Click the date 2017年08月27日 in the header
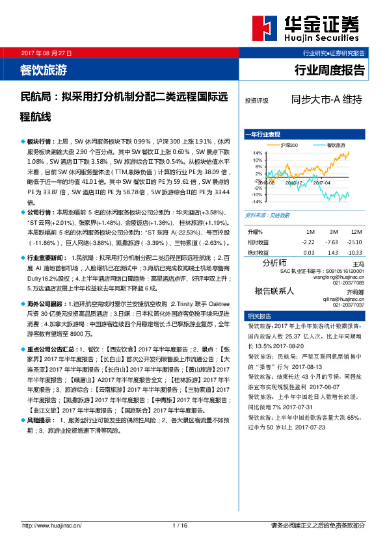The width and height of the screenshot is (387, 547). [47, 52]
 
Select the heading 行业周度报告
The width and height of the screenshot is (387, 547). [330, 69]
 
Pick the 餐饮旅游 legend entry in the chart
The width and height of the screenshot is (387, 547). [336, 145]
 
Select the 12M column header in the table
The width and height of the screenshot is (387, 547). [356, 232]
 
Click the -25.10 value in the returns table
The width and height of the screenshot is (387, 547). [355, 242]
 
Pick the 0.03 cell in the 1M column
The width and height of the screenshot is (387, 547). [308, 252]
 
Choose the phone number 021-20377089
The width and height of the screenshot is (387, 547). [349, 282]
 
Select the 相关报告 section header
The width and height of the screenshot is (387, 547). [256, 314]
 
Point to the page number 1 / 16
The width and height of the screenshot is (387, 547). [180, 525]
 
